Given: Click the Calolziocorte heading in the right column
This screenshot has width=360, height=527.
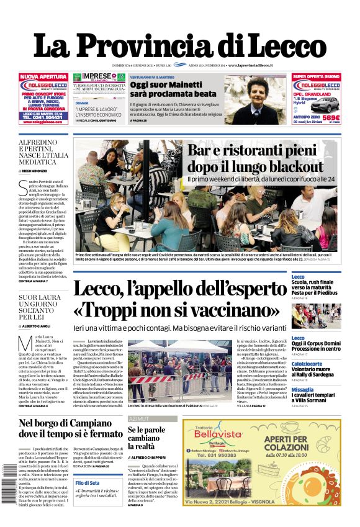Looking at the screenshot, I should [312, 364].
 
